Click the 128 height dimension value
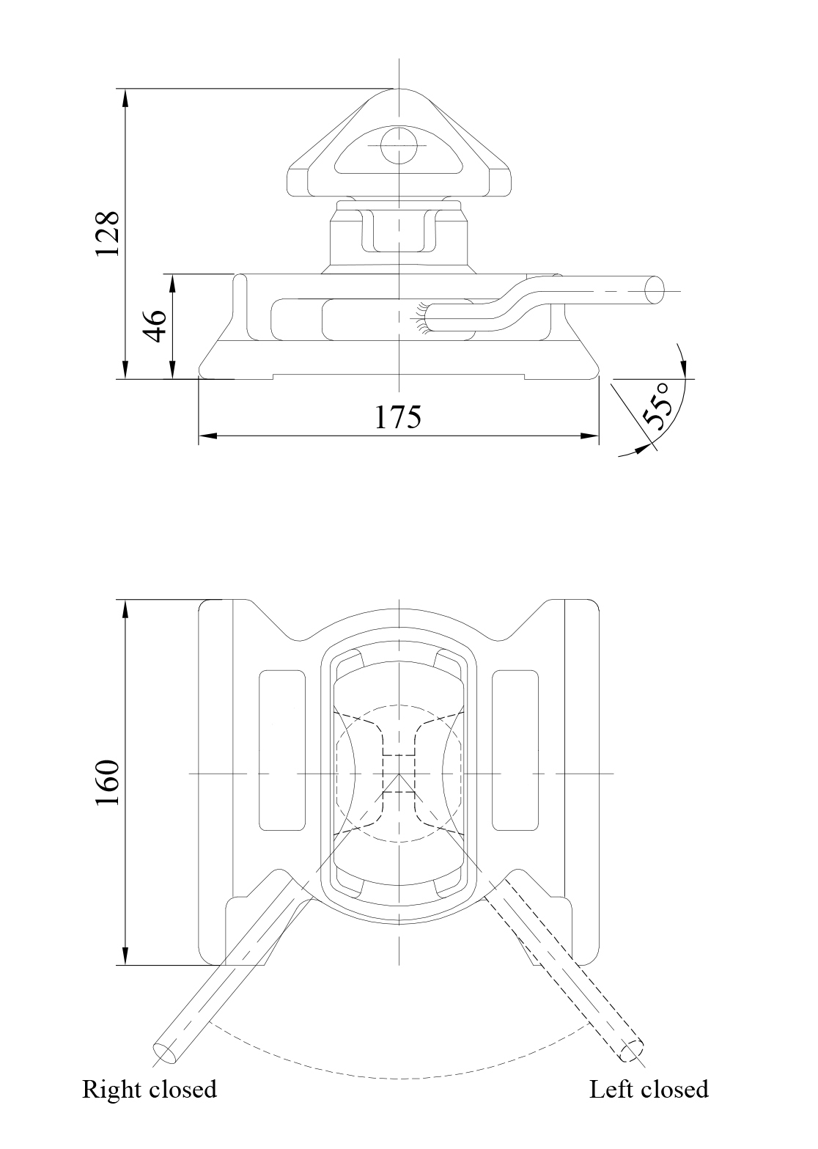[107, 234]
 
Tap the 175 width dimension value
[398, 417]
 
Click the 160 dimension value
[107, 782]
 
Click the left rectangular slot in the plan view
[283, 749]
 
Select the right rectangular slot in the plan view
[515, 749]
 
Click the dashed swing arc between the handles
[399, 1078]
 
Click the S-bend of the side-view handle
[518, 303]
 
